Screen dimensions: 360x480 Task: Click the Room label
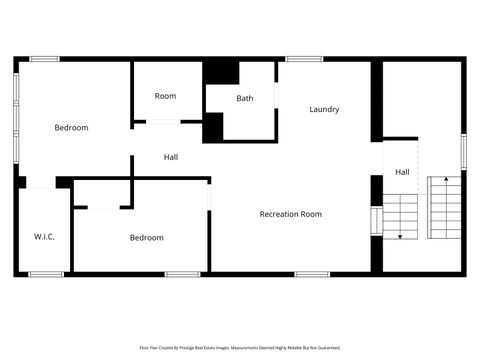click(x=165, y=96)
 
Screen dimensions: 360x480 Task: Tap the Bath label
click(x=245, y=98)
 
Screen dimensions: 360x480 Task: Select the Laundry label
click(x=324, y=109)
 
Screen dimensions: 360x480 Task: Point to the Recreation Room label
click(x=291, y=214)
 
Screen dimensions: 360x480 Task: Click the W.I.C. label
click(x=44, y=237)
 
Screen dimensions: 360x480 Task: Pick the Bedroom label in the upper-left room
click(x=71, y=127)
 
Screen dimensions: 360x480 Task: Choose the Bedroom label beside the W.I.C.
click(x=146, y=238)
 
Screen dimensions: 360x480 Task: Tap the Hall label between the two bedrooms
click(x=171, y=157)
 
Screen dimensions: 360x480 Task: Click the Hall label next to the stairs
click(x=401, y=172)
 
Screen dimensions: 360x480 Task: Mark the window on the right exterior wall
click(x=464, y=151)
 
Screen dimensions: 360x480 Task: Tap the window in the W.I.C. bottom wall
click(x=45, y=274)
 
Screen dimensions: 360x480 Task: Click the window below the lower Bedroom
click(x=182, y=274)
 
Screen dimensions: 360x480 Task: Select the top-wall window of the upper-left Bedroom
click(x=44, y=59)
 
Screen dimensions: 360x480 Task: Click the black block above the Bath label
click(x=221, y=73)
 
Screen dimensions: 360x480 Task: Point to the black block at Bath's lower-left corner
click(x=213, y=127)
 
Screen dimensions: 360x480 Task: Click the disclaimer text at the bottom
click(x=240, y=348)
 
